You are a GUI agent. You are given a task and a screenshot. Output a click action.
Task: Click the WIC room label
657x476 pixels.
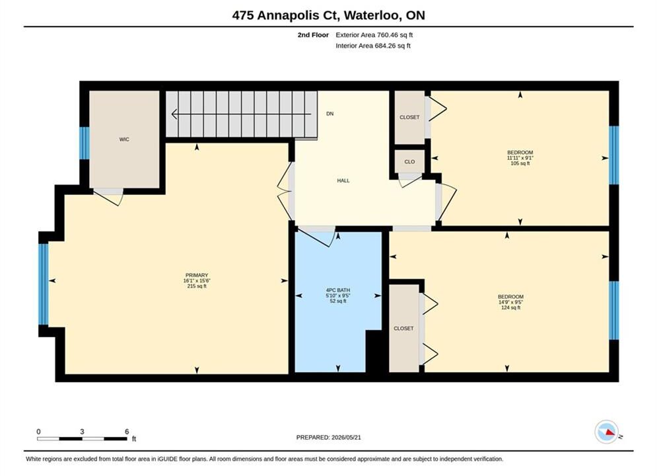(x=124, y=139)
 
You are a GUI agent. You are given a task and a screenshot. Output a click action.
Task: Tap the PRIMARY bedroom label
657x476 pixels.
(x=197, y=276)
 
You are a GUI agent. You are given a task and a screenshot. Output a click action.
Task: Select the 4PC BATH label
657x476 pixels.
(x=337, y=290)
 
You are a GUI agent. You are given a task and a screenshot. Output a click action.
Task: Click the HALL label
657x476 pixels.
(x=343, y=180)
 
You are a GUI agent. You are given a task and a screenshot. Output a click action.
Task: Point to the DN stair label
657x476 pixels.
(x=329, y=114)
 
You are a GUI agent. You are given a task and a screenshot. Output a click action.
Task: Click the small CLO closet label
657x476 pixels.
(x=409, y=162)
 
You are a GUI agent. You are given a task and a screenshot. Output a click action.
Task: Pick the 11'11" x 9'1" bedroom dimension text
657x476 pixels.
(x=520, y=158)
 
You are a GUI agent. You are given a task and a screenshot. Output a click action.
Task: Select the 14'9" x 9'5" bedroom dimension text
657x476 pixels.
(x=510, y=302)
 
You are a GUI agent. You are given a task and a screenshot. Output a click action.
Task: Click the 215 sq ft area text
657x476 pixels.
(x=197, y=286)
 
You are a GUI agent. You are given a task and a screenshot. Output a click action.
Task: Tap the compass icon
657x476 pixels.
(x=606, y=432)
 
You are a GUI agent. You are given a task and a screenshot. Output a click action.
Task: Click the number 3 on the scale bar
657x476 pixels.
(x=82, y=432)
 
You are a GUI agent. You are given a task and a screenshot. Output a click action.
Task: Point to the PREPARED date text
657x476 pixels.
(x=329, y=438)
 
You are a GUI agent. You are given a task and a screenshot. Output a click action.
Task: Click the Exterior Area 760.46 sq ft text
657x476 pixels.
(x=374, y=35)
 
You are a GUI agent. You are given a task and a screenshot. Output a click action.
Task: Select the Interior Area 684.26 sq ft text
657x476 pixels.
(x=373, y=46)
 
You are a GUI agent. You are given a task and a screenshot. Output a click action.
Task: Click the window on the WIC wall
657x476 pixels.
(x=85, y=143)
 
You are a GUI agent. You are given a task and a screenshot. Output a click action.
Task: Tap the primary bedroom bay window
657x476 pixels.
(x=43, y=284)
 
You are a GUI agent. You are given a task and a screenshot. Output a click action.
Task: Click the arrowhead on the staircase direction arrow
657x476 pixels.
(x=174, y=114)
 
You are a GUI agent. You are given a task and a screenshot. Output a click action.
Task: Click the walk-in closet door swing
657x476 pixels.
(x=108, y=197)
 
